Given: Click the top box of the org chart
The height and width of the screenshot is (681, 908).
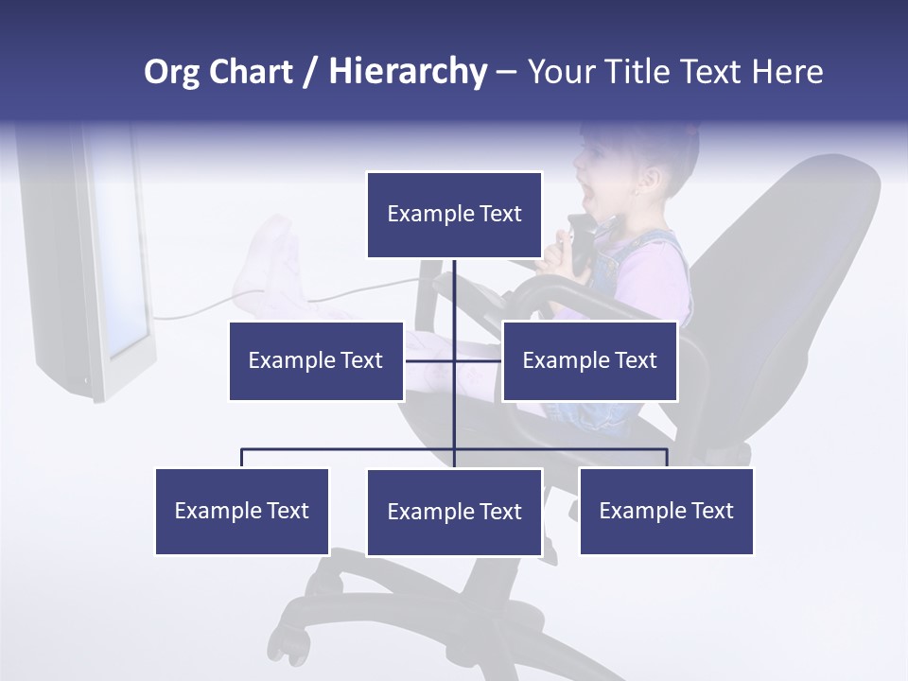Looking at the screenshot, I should [x=454, y=215].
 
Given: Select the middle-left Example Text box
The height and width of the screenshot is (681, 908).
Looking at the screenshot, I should [x=316, y=360].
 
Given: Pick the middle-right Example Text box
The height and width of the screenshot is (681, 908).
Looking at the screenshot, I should [x=589, y=360].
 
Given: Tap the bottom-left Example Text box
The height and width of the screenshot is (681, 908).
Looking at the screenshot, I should [x=241, y=511].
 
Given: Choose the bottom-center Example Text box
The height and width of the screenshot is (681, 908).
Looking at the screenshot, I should [x=454, y=512].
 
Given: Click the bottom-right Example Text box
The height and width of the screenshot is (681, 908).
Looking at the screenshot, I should [x=666, y=511].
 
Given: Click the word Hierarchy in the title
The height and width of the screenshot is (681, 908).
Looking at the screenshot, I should [x=408, y=71].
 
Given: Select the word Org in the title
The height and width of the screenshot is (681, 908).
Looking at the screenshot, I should [x=171, y=72].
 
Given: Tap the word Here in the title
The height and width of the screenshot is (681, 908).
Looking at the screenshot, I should [x=787, y=72].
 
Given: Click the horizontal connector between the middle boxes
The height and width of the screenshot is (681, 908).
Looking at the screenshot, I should [x=454, y=360].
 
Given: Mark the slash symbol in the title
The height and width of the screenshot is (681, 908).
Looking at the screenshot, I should [x=310, y=72].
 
